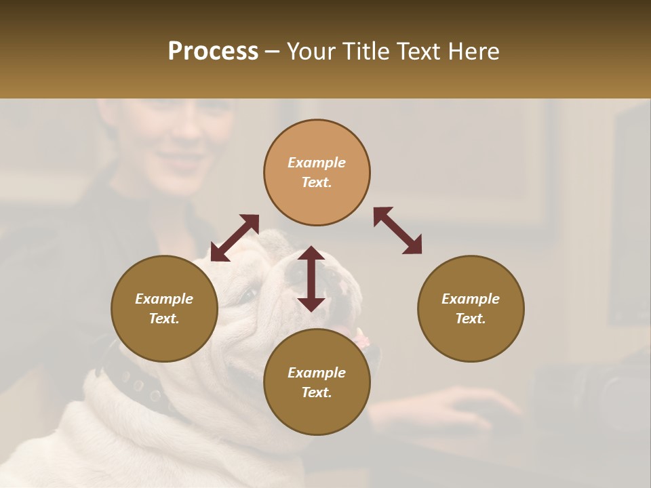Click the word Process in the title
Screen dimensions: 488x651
tap(213, 52)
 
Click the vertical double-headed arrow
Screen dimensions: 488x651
tap(311, 279)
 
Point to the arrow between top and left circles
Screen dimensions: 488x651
tap(235, 238)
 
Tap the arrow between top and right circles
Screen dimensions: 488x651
tap(398, 230)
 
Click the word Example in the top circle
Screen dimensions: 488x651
tap(317, 163)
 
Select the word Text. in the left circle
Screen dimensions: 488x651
tap(164, 319)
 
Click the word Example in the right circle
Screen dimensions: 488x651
tap(471, 299)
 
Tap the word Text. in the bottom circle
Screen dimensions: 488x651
tap(317, 392)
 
